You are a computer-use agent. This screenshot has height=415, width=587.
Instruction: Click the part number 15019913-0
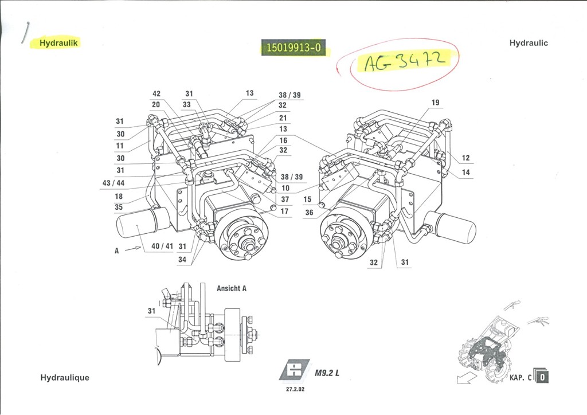coord(292,48)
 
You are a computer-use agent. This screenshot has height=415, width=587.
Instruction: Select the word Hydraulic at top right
coord(528,43)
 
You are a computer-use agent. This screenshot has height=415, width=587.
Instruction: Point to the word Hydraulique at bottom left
coord(65,378)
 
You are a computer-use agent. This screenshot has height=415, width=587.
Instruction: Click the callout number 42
coord(156,94)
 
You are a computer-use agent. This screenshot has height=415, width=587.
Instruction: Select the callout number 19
coord(435,103)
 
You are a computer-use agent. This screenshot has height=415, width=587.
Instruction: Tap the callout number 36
coord(309,213)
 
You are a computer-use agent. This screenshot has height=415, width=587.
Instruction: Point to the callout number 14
coord(465,172)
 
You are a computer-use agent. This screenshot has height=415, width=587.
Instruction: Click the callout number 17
coord(284,212)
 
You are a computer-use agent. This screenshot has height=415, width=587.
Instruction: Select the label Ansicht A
coord(232,288)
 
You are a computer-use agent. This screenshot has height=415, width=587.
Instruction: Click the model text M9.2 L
coord(327,373)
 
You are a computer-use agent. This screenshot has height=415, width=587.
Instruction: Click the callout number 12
coord(465,158)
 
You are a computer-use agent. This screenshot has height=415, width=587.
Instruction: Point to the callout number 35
coord(119,207)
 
